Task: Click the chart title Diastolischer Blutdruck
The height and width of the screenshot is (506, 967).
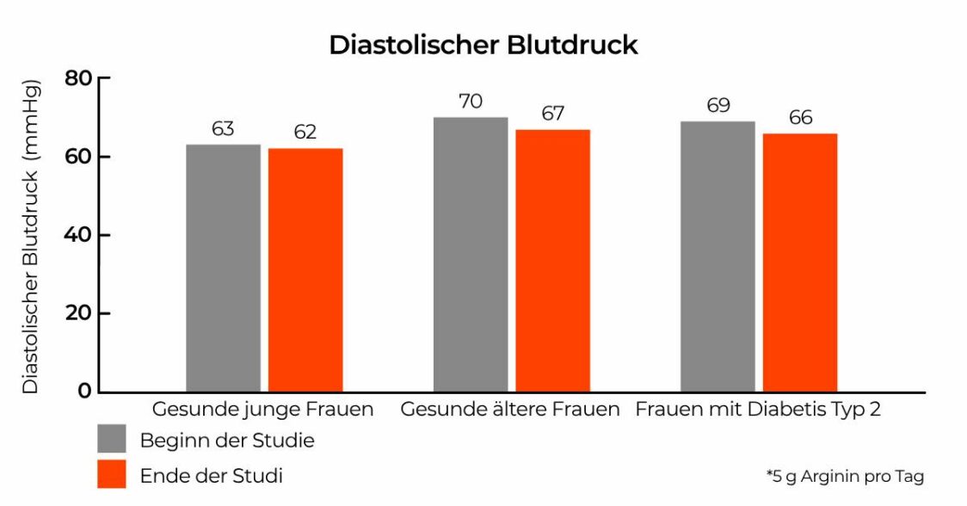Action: click(483, 45)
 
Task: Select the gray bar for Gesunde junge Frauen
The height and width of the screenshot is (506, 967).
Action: click(223, 268)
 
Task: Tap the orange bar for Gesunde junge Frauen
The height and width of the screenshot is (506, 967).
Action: click(305, 270)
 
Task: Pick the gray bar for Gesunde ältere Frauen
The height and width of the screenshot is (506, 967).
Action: click(471, 255)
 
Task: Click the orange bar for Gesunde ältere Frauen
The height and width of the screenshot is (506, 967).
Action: click(552, 261)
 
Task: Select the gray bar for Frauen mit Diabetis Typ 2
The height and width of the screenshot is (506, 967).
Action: click(718, 256)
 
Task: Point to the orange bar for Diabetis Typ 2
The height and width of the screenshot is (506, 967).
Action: click(800, 262)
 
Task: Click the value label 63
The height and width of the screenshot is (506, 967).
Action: click(223, 129)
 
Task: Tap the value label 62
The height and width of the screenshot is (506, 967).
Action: click(305, 133)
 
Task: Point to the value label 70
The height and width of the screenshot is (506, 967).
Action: click(471, 102)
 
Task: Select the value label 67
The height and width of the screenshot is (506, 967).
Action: click(552, 114)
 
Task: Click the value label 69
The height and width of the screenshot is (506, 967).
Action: click(718, 106)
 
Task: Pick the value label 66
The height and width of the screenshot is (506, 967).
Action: click(800, 118)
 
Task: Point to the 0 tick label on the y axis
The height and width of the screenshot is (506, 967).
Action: click(83, 392)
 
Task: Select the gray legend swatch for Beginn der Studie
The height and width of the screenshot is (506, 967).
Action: click(112, 439)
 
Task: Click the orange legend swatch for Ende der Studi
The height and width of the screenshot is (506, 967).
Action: click(112, 474)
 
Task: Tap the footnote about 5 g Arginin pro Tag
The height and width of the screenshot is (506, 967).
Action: click(845, 476)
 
